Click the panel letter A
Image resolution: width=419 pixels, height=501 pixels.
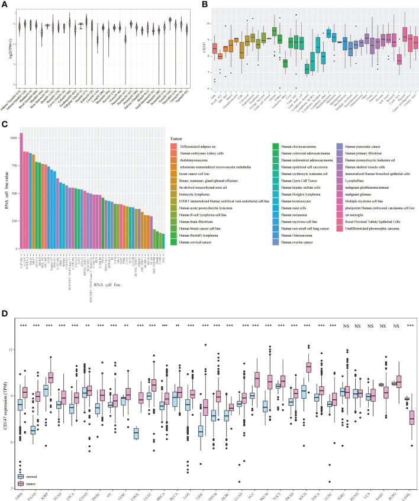(x=5, y=5)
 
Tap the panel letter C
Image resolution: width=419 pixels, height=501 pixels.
(x=5, y=124)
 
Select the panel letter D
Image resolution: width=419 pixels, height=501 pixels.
(x=5, y=315)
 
